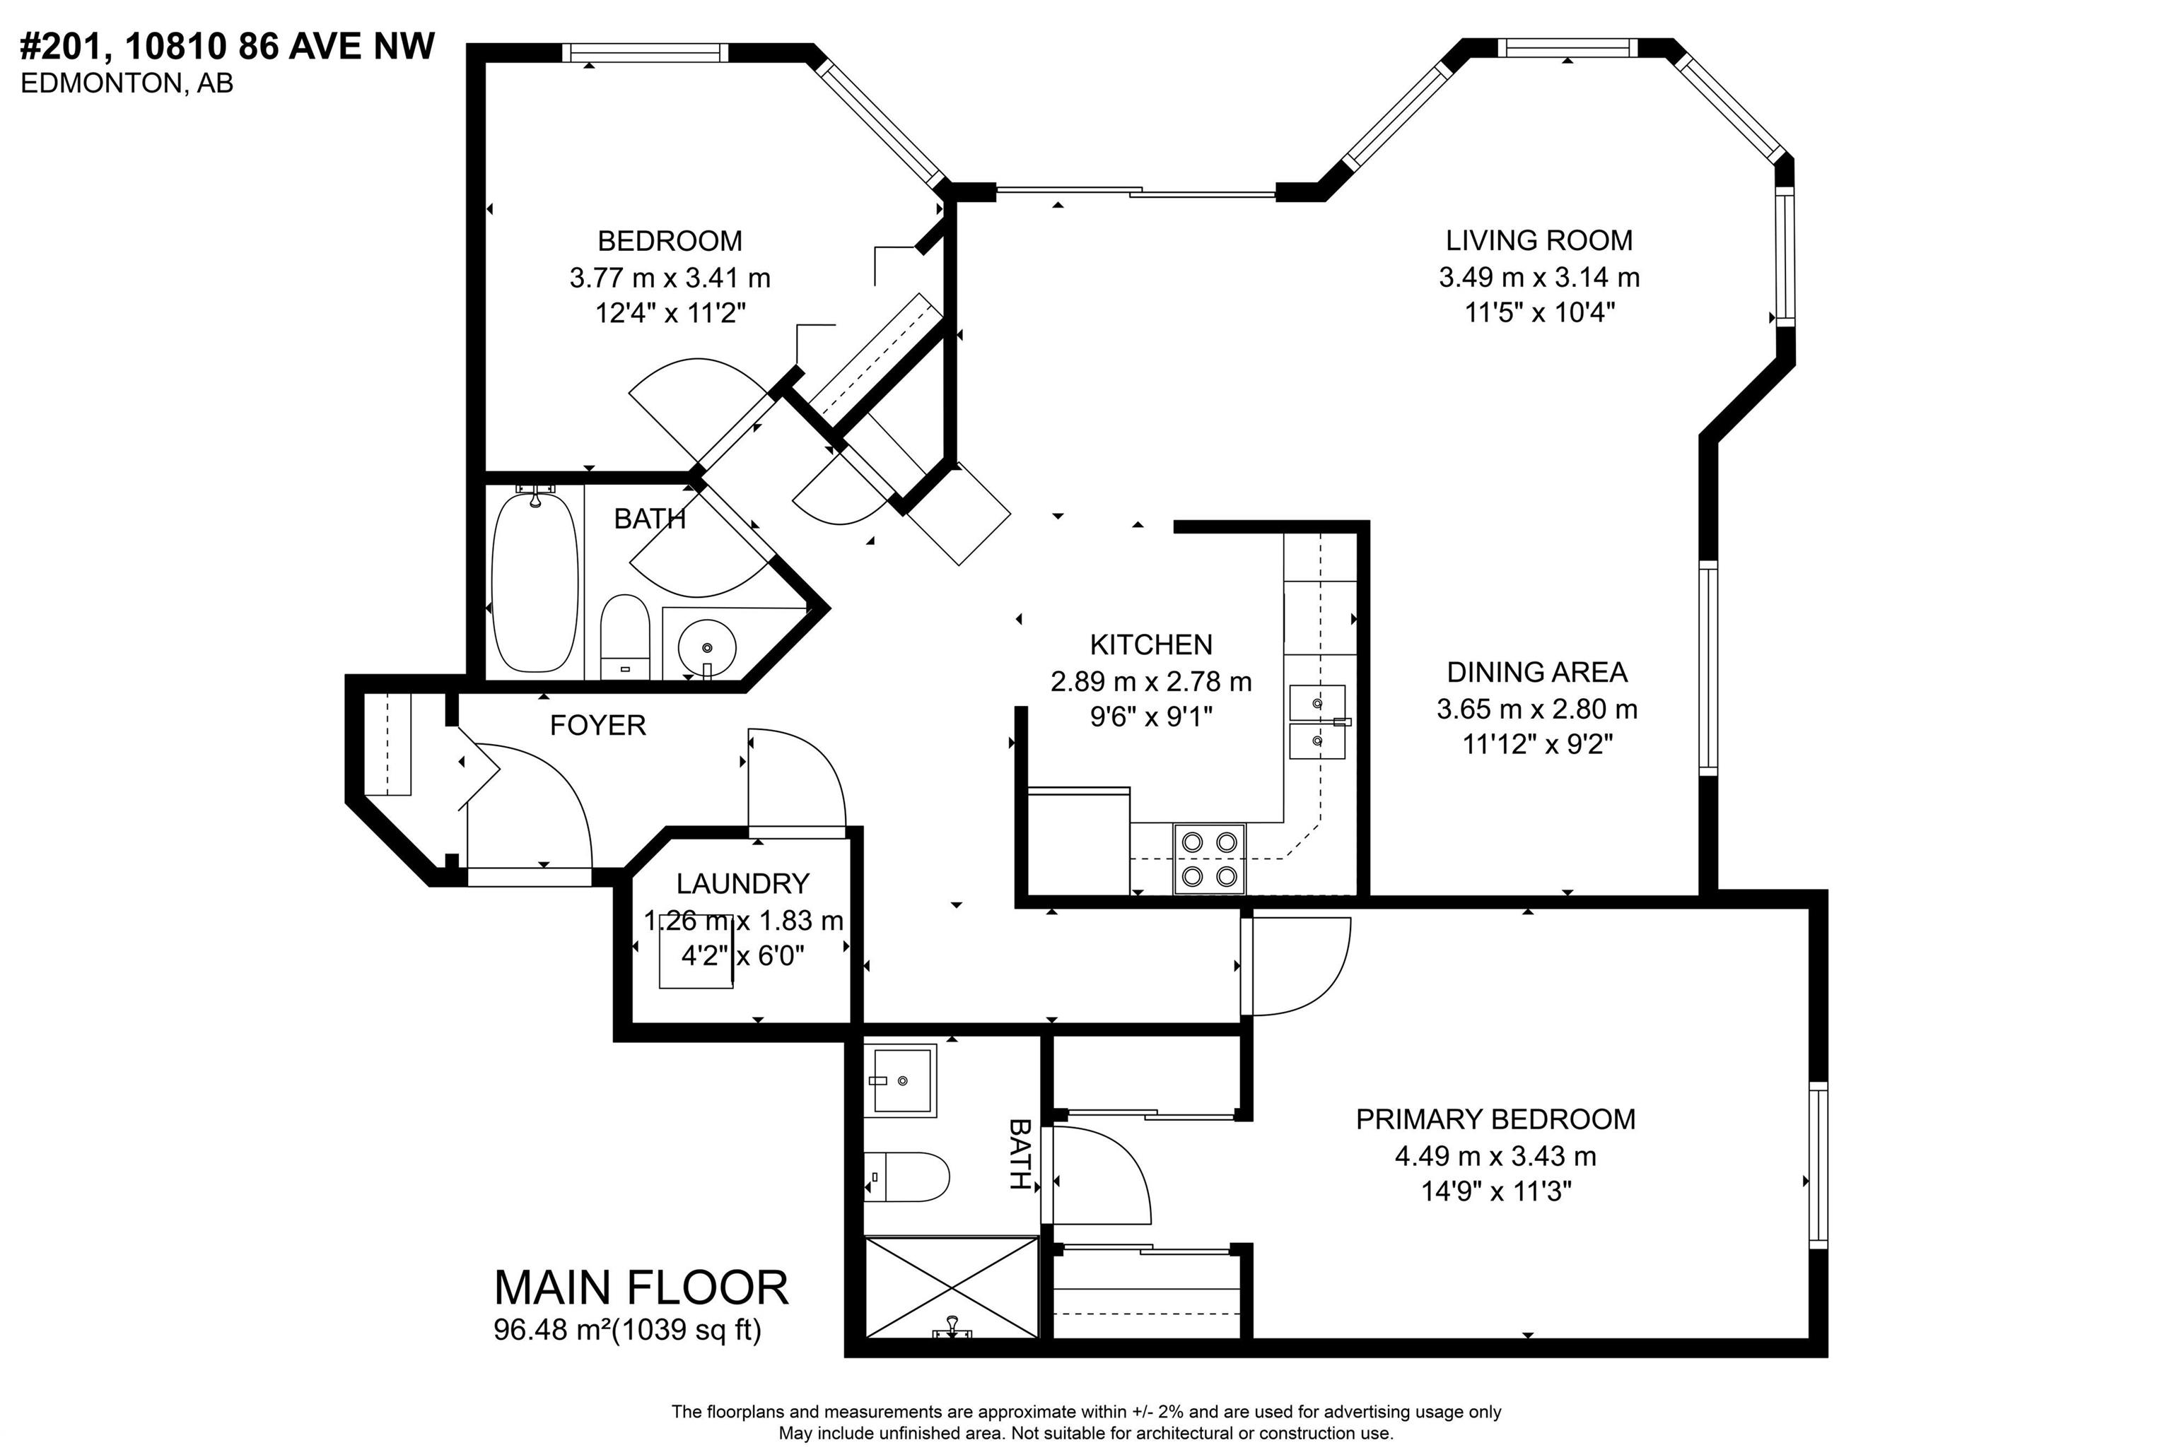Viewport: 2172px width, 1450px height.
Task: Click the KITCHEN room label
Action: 1151,644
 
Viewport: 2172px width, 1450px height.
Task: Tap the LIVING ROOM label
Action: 1539,240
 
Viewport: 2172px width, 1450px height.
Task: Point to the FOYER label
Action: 597,725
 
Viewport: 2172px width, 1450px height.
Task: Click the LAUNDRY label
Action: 743,884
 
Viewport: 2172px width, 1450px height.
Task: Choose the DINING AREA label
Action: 1537,672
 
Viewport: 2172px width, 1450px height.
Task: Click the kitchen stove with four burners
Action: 1210,858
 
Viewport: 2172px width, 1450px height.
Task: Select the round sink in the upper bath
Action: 707,644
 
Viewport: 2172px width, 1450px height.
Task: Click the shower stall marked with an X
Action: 951,1286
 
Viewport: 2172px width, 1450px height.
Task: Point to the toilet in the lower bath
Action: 906,1177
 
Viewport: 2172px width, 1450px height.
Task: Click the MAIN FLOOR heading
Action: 641,1287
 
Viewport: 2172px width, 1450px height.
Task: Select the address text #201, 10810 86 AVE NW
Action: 228,46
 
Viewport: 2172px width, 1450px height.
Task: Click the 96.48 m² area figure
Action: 552,1330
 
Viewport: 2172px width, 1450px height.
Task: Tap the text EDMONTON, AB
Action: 127,83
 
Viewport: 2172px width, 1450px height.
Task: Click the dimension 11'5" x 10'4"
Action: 1539,312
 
